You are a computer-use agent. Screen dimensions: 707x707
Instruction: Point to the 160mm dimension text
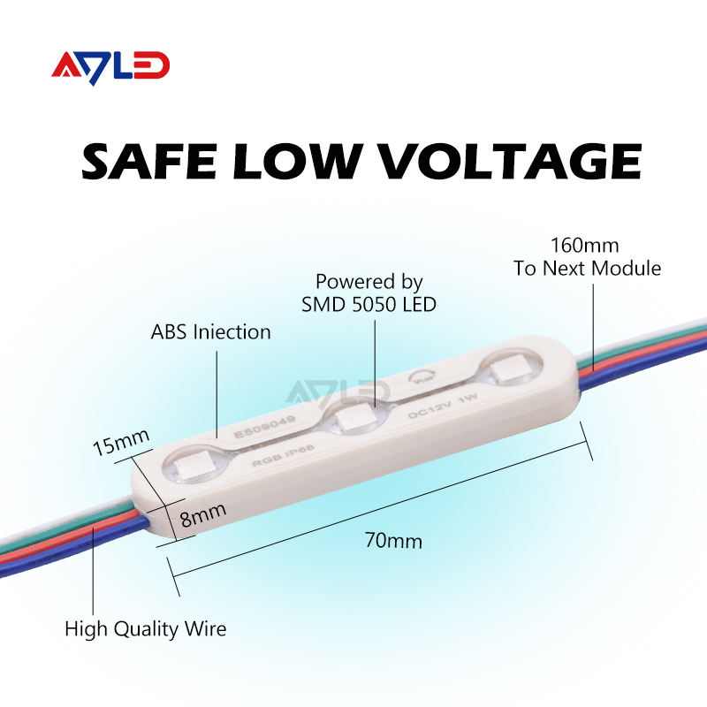tap(585, 245)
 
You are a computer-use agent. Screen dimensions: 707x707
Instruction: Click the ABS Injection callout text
tap(210, 332)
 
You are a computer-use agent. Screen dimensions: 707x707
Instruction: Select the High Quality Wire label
tap(146, 629)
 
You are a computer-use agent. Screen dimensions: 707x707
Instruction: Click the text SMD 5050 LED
tap(370, 305)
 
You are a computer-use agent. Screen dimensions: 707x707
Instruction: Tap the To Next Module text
tap(588, 269)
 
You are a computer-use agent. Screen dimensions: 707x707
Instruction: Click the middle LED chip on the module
tap(352, 415)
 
